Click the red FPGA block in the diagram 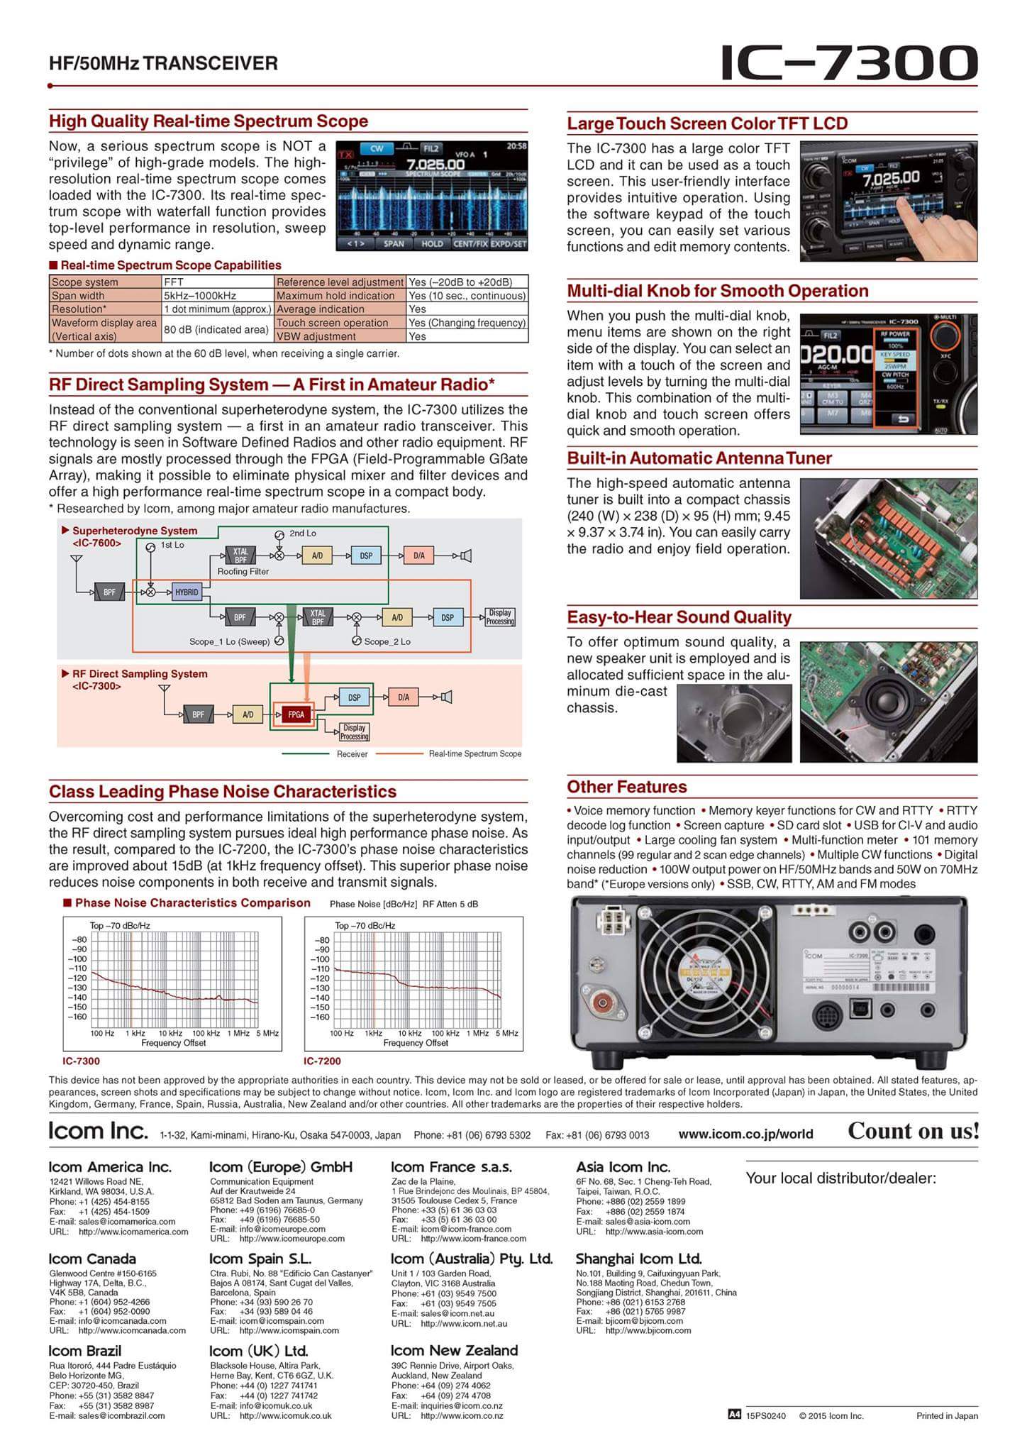point(296,714)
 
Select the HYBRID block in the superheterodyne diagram point(187,592)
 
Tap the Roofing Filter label point(243,571)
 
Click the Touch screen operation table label point(332,323)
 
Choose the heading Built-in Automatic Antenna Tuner point(699,458)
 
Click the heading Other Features point(626,787)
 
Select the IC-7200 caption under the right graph point(322,1061)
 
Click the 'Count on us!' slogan point(913,1131)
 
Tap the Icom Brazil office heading point(84,1351)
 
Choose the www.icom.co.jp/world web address point(745,1134)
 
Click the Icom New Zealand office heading point(454,1350)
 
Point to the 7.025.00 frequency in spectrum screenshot point(435,164)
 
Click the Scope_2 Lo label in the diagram point(387,642)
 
